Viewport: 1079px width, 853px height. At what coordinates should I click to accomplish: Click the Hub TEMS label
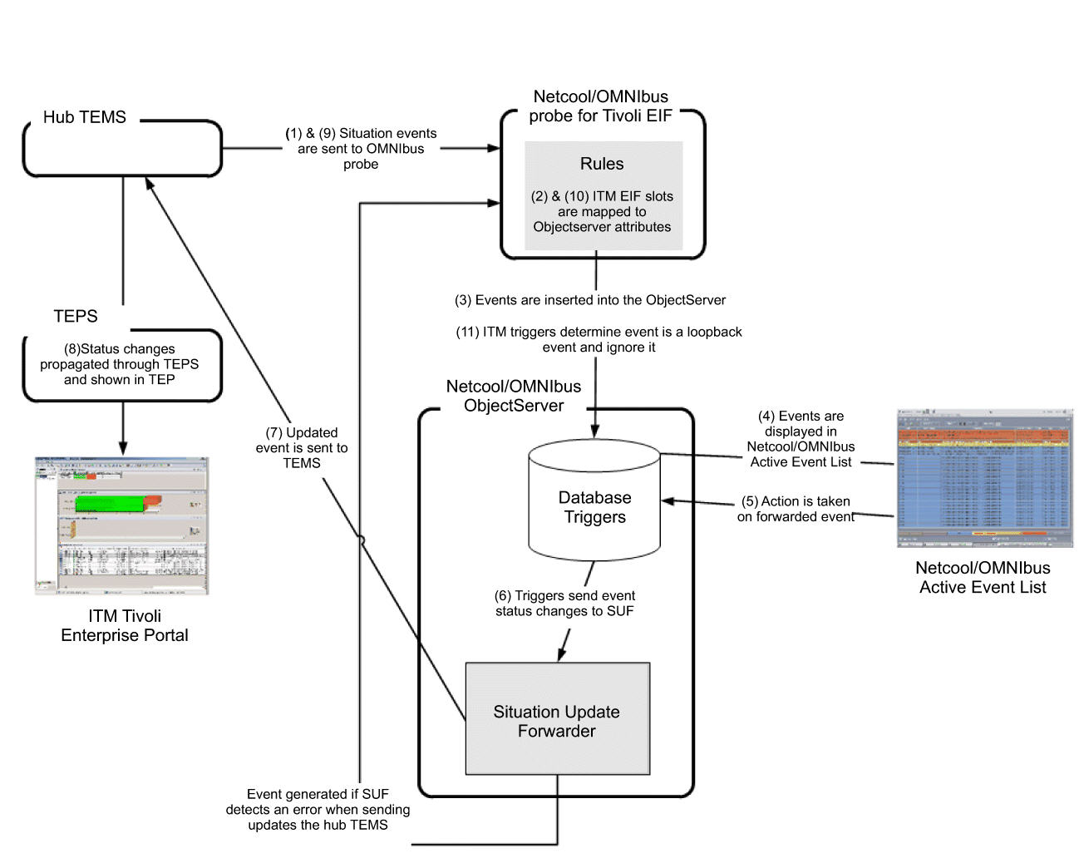[x=85, y=117]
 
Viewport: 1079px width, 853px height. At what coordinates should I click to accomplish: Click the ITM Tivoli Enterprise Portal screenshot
[x=121, y=525]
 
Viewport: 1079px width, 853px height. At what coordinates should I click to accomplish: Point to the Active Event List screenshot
[x=984, y=478]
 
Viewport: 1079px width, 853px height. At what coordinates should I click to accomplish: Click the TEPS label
[x=76, y=316]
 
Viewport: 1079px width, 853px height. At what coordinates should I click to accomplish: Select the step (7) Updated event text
[x=302, y=448]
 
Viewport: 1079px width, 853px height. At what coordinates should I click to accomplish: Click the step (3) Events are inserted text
[x=590, y=300]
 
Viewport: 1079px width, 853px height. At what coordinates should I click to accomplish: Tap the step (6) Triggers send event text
[x=564, y=603]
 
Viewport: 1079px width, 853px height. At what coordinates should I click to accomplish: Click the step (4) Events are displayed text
[x=801, y=439]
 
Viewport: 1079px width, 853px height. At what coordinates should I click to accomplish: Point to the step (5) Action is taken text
[x=796, y=509]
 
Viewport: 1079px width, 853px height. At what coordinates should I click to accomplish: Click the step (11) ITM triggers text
[x=599, y=339]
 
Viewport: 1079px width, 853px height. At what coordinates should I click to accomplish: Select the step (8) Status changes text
[x=120, y=364]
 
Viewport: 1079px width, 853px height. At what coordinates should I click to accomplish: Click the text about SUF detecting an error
[x=318, y=809]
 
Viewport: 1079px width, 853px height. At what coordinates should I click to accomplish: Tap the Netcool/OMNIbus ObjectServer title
[x=514, y=396]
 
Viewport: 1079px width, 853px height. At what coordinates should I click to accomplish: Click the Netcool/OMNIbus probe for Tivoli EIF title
[x=600, y=106]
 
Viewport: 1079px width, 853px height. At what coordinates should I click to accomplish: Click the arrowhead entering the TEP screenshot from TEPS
[x=123, y=447]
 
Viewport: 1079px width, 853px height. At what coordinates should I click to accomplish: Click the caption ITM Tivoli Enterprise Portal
[x=125, y=625]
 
